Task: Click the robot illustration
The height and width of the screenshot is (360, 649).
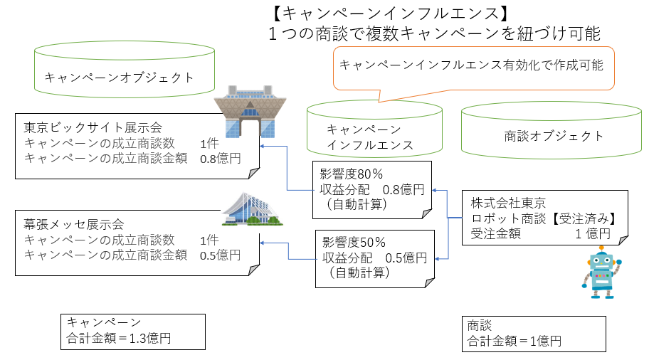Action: click(x=601, y=272)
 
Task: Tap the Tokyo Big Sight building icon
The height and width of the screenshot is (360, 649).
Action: click(x=250, y=112)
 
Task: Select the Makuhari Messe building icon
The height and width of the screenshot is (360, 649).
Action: click(x=252, y=209)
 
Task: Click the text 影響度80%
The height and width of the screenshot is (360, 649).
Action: click(x=352, y=174)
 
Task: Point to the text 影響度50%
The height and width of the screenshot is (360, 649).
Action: click(x=354, y=242)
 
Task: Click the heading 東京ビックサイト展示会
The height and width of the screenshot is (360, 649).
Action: click(x=93, y=127)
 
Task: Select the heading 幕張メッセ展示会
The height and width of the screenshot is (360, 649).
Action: click(x=74, y=224)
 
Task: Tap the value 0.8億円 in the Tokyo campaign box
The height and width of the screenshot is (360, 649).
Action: click(x=220, y=159)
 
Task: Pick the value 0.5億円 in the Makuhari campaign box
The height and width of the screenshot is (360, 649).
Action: click(x=220, y=255)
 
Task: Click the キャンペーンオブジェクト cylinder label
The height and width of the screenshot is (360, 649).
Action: click(x=120, y=78)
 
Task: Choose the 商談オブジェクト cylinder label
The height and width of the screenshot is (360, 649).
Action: click(x=554, y=136)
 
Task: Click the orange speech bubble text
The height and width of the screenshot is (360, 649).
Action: click(x=471, y=65)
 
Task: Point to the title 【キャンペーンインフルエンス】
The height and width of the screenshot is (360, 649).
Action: click(x=390, y=14)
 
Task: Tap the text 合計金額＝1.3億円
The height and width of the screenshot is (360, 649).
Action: click(x=119, y=339)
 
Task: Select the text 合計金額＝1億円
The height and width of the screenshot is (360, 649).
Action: click(x=515, y=341)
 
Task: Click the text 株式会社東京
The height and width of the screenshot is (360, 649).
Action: click(x=508, y=203)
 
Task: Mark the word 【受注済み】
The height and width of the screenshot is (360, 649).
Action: click(x=584, y=218)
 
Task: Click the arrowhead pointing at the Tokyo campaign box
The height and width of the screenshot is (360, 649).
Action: click(x=263, y=146)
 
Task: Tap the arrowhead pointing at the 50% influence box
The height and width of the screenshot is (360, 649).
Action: click(x=438, y=259)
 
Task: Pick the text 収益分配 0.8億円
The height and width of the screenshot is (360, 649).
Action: click(x=372, y=189)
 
